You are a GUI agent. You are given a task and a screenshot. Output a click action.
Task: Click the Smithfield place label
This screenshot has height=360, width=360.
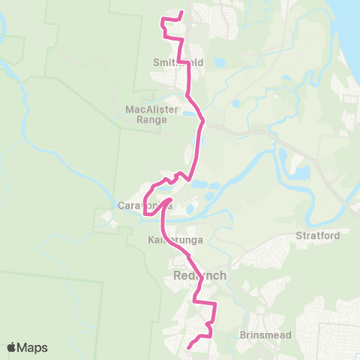pyautogui.click(x=178, y=63)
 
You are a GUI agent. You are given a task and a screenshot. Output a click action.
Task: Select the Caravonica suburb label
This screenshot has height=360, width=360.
pyautogui.click(x=145, y=205)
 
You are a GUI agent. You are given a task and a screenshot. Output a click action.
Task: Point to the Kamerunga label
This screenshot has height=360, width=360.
pyautogui.click(x=170, y=239)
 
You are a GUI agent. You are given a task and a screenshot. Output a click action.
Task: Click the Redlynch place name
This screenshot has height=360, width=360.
pyautogui.click(x=199, y=276)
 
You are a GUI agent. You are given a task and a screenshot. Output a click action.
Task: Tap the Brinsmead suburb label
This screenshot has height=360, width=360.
pyautogui.click(x=259, y=333)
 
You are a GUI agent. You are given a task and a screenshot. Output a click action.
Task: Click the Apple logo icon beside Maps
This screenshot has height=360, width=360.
pyautogui.click(x=12, y=347)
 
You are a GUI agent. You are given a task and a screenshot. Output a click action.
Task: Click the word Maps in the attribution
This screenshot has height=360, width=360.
pyautogui.click(x=34, y=347)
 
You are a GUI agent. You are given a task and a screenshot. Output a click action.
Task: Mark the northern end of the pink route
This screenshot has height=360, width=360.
pyautogui.click(x=182, y=12)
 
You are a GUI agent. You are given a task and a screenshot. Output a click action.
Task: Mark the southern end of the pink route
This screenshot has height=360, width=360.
pyautogui.click(x=187, y=348)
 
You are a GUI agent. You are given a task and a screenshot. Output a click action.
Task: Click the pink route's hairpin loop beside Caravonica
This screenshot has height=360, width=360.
pyautogui.click(x=145, y=216)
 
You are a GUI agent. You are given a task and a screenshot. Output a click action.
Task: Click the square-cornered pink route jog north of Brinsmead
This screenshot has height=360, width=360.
pyautogui.click(x=215, y=304)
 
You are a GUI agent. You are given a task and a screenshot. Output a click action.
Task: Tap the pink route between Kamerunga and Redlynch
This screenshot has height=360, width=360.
pyautogui.click(x=184, y=259)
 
